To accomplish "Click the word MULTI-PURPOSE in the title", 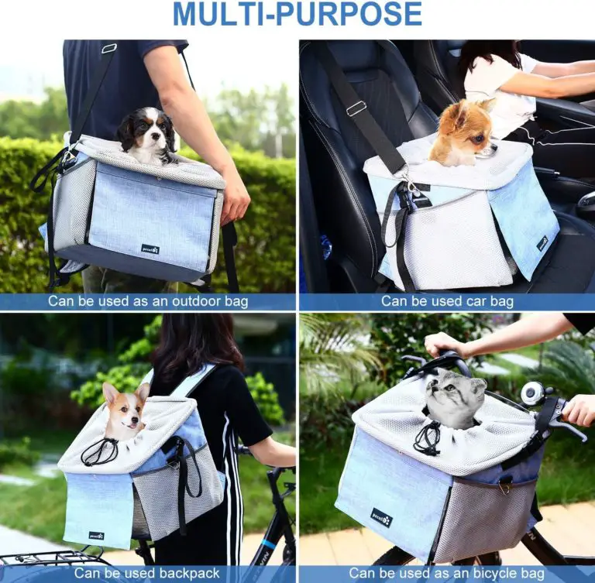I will point(297,13).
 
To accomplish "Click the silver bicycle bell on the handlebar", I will point(533,393).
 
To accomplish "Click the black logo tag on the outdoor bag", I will point(150,249).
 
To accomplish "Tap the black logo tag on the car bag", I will point(542,242).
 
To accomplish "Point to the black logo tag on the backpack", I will point(96,535).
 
